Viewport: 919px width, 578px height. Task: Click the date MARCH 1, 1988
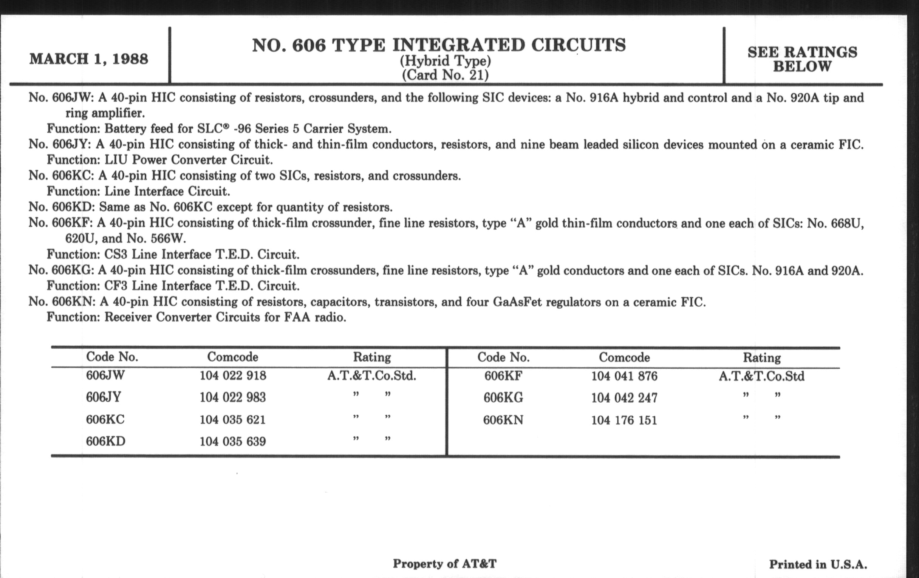click(x=88, y=59)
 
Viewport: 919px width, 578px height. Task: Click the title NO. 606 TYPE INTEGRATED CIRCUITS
click(x=439, y=45)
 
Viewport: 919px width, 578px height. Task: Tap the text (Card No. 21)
click(x=445, y=75)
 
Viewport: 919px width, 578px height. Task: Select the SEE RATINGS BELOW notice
click(x=802, y=59)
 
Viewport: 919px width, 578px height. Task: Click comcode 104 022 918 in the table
click(x=233, y=376)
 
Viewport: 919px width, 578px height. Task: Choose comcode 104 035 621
click(x=232, y=420)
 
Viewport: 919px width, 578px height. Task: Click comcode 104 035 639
click(x=233, y=442)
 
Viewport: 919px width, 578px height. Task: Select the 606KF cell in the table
click(x=503, y=376)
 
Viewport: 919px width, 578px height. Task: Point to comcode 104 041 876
click(x=624, y=377)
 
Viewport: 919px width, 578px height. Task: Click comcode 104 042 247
click(x=624, y=398)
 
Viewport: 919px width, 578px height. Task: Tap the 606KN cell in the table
click(x=503, y=420)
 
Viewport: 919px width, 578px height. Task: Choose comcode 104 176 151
click(x=624, y=420)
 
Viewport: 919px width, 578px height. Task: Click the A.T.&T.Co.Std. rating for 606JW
click(x=372, y=376)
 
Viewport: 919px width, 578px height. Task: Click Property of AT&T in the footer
click(x=445, y=564)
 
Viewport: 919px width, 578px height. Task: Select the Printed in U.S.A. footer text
click(x=818, y=564)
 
